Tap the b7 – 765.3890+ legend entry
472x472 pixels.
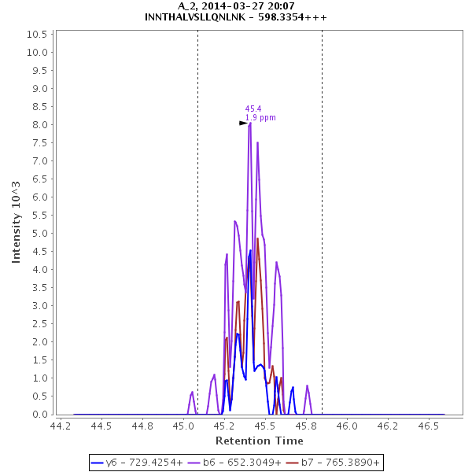[x=333, y=463]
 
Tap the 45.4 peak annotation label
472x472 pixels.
[x=253, y=109]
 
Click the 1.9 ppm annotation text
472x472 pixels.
[x=260, y=118]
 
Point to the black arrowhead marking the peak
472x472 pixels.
[x=243, y=123]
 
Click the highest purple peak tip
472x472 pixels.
[x=249, y=123]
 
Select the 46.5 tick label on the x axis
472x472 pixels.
[x=429, y=426]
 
